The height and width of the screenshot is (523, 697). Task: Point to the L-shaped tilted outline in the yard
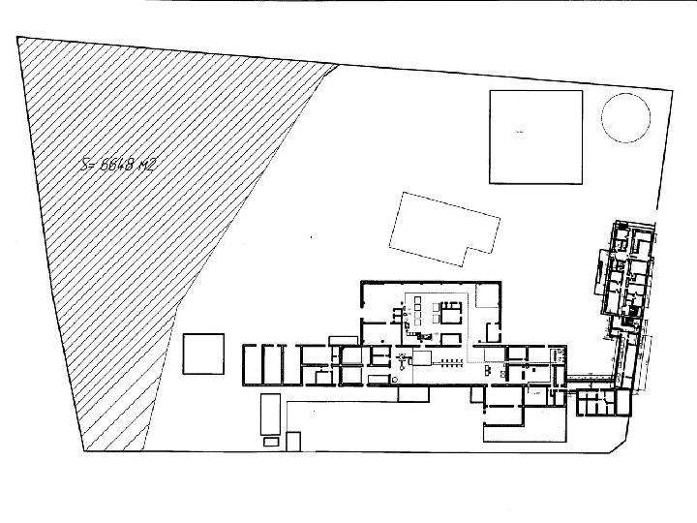click(x=444, y=229)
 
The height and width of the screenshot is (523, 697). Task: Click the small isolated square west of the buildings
click(x=203, y=352)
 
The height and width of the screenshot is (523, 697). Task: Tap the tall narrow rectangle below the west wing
click(x=269, y=414)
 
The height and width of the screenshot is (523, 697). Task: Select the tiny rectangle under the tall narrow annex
click(x=271, y=442)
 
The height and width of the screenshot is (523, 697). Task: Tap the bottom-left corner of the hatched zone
click(x=85, y=451)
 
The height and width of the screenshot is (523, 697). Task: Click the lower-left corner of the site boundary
click(x=85, y=451)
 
